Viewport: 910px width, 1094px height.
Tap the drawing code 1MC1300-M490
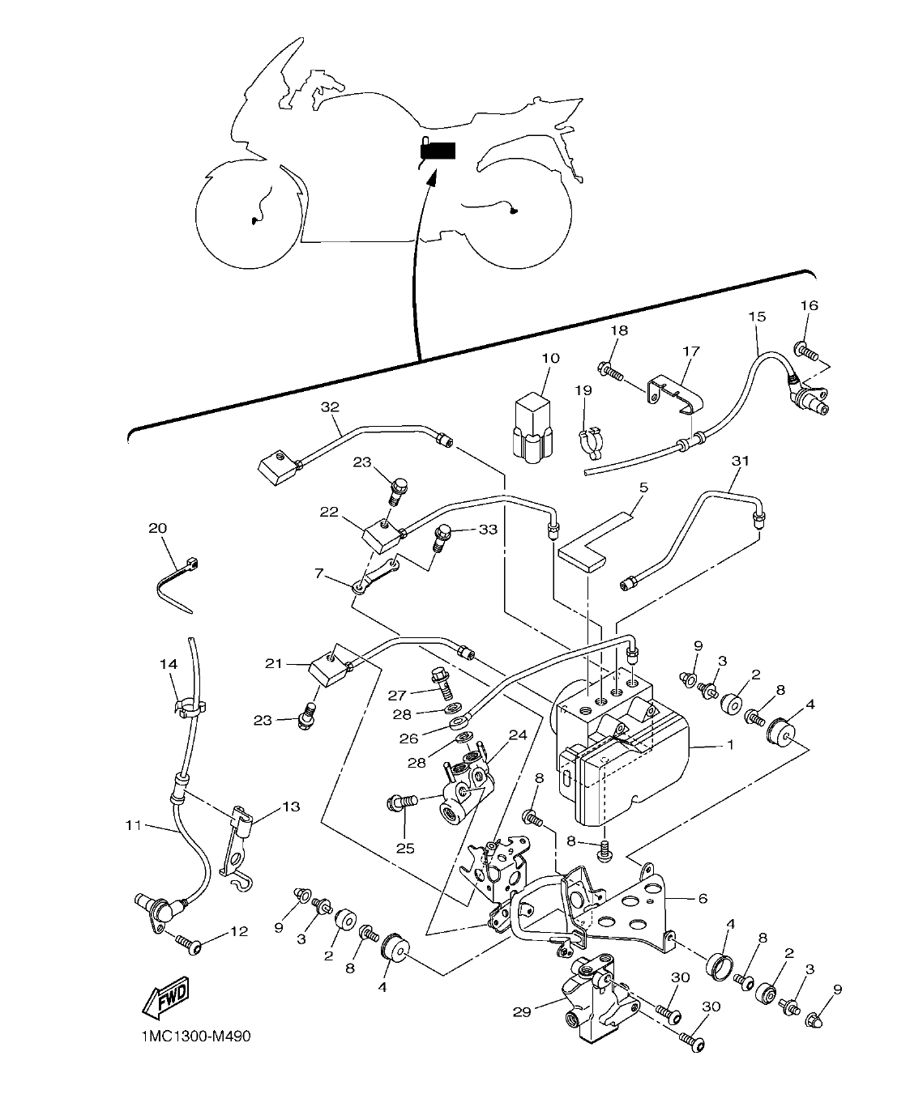click(187, 1037)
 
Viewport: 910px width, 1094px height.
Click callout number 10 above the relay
click(551, 359)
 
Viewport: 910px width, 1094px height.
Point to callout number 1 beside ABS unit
click(728, 746)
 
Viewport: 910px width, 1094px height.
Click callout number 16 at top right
click(809, 305)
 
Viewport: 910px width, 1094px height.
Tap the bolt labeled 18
click(610, 372)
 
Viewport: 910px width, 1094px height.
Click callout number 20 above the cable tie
click(158, 528)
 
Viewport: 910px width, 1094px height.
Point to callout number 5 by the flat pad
click(644, 487)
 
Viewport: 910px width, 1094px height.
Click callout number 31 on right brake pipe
click(740, 461)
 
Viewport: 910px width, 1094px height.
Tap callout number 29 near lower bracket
click(522, 1011)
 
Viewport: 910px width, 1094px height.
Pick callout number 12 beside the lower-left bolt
click(238, 931)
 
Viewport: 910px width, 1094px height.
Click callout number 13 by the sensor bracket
click(291, 807)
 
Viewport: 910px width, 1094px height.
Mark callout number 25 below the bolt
click(404, 848)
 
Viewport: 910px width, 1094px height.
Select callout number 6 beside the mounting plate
click(703, 899)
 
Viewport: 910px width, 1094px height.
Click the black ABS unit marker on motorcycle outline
click(438, 151)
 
